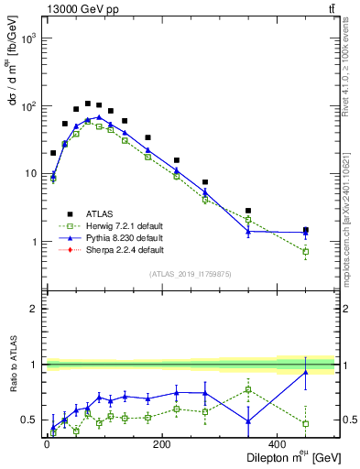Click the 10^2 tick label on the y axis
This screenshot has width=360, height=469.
click(x=29, y=107)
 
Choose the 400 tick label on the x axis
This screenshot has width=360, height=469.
click(x=278, y=444)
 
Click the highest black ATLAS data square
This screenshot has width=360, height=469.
click(x=88, y=104)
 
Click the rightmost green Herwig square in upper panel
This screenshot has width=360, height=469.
click(x=306, y=251)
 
